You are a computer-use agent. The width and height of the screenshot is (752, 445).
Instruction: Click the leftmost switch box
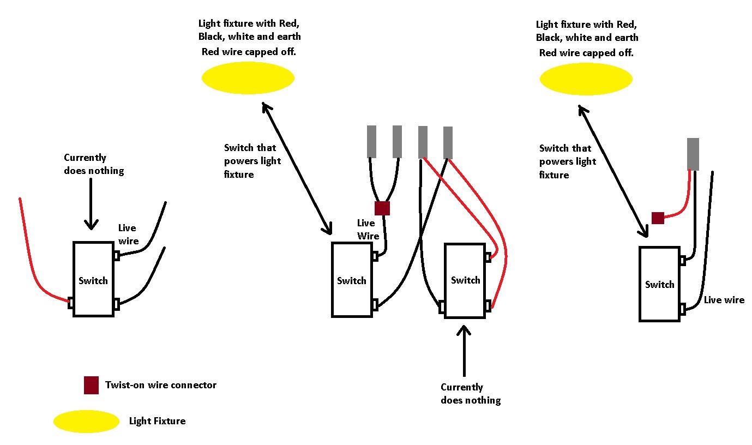(x=93, y=279)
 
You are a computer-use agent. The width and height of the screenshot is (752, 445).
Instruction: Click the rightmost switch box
(x=659, y=284)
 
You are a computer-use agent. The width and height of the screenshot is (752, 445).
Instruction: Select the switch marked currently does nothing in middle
(x=465, y=280)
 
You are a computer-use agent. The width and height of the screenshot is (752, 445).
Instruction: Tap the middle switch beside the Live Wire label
(x=352, y=280)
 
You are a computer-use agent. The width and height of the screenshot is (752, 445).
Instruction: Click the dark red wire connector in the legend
(x=91, y=385)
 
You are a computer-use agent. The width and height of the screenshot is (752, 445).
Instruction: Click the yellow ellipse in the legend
(x=86, y=422)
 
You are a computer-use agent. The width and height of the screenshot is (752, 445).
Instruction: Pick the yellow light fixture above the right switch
(x=586, y=79)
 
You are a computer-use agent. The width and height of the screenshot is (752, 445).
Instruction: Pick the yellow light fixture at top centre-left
(x=248, y=78)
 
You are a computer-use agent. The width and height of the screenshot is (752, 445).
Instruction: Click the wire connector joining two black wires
(x=382, y=208)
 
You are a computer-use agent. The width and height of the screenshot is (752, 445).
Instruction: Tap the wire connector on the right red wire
(x=658, y=218)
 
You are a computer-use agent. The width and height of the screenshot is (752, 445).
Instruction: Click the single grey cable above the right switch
(x=693, y=154)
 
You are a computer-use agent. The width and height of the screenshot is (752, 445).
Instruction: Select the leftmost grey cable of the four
(x=371, y=141)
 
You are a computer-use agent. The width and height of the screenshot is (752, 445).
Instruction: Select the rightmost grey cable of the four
(x=448, y=142)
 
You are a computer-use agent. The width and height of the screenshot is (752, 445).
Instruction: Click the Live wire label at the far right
(x=724, y=300)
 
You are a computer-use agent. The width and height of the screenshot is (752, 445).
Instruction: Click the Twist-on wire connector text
(x=161, y=385)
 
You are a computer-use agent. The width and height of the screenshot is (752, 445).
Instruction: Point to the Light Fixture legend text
(x=157, y=421)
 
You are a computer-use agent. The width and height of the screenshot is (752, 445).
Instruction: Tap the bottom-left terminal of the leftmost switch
(x=70, y=303)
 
